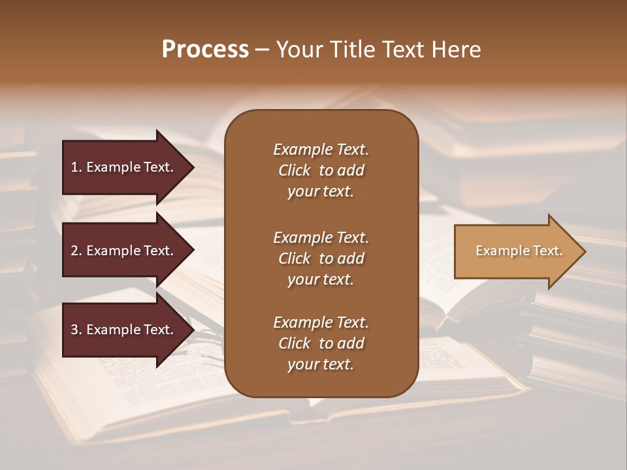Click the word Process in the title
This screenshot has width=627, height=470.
[x=205, y=50]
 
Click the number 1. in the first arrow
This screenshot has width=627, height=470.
[x=76, y=167]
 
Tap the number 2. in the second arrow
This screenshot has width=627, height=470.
[x=76, y=251]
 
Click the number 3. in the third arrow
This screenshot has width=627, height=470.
[x=76, y=330]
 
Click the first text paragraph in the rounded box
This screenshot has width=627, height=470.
[x=321, y=170]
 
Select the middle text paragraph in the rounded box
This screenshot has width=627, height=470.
[x=321, y=258]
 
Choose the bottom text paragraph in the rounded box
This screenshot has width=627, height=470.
[x=321, y=343]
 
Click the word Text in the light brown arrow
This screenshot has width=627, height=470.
[x=548, y=251]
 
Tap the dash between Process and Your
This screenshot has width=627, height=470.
[x=263, y=50]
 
